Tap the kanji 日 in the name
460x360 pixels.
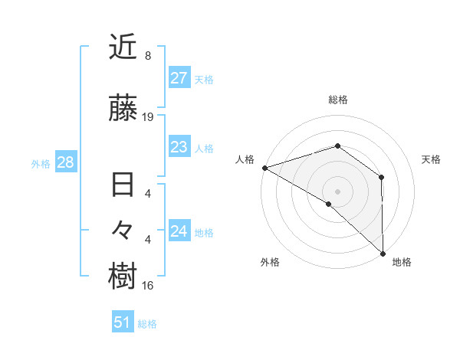click(x=123, y=186)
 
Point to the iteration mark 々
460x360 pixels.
click(x=123, y=231)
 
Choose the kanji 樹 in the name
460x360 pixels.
click(x=123, y=277)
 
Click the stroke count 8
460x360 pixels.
click(x=148, y=56)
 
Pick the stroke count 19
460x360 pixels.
click(x=148, y=116)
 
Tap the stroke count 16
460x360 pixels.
click(x=148, y=286)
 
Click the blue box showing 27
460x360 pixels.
click(x=179, y=78)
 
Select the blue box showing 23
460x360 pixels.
click(x=179, y=147)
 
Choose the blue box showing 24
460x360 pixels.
click(x=179, y=231)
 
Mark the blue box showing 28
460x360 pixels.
click(x=65, y=162)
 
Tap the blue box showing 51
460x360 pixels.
click(x=123, y=322)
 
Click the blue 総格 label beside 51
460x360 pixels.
click(x=147, y=324)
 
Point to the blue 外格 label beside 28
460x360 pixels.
click(x=41, y=163)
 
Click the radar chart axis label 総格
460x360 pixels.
click(x=337, y=100)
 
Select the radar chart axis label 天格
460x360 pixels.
click(x=431, y=159)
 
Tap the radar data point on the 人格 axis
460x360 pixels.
click(x=264, y=167)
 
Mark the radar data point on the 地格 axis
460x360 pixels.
click(x=383, y=253)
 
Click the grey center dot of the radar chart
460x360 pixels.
click(x=337, y=191)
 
